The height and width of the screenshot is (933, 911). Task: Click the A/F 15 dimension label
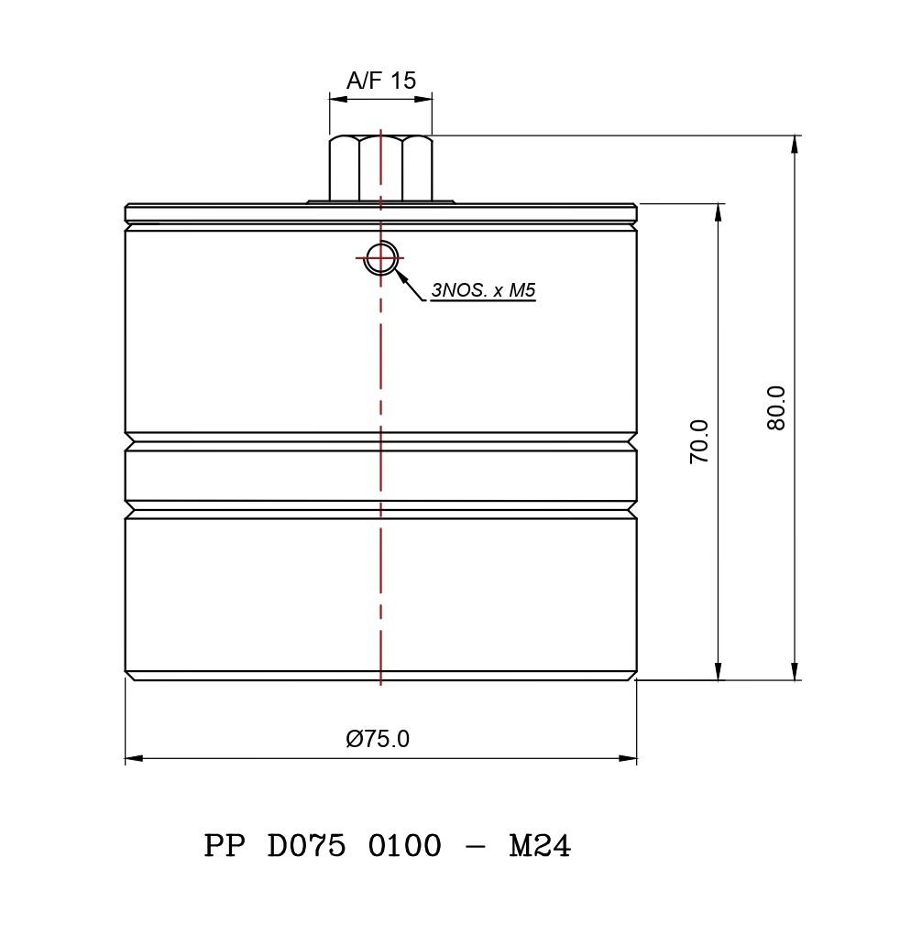381,81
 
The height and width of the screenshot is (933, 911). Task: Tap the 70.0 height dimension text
699,441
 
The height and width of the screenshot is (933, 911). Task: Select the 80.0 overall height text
776,408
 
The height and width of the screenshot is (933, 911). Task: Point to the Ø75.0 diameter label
378,739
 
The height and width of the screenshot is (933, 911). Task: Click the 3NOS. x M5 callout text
484,290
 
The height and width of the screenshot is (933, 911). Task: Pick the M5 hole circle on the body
380,258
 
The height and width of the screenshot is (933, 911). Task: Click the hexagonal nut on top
381,168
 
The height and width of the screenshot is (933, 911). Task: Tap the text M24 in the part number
540,845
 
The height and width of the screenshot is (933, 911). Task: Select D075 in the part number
306,845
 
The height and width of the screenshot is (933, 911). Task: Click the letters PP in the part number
224,845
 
